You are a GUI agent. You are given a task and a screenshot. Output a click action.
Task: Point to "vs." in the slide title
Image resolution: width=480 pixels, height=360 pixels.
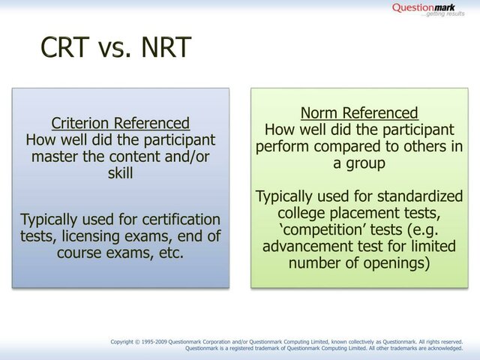(x=115, y=49)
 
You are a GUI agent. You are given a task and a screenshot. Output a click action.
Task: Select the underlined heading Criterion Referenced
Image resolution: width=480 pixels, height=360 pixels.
(x=120, y=123)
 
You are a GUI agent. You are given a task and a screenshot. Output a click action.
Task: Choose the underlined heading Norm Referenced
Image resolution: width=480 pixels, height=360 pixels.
(x=359, y=113)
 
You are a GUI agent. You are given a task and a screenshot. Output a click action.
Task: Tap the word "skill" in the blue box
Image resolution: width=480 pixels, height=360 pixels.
(x=120, y=174)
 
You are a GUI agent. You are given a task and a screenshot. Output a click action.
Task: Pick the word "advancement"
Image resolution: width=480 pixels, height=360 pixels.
(x=304, y=247)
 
